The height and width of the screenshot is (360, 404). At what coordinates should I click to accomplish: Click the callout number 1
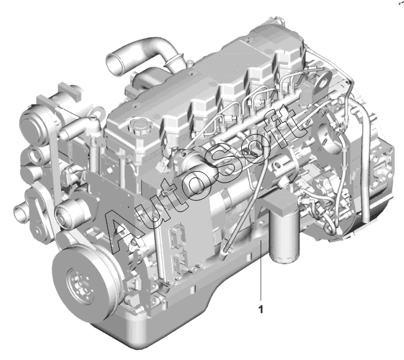pyautogui.click(x=261, y=309)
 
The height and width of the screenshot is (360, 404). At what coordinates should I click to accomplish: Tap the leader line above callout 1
pyautogui.click(x=261, y=271)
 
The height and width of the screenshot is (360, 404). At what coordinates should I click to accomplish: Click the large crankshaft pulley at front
pyautogui.click(x=85, y=283)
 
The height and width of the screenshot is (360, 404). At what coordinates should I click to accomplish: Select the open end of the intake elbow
pyautogui.click(x=113, y=65)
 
